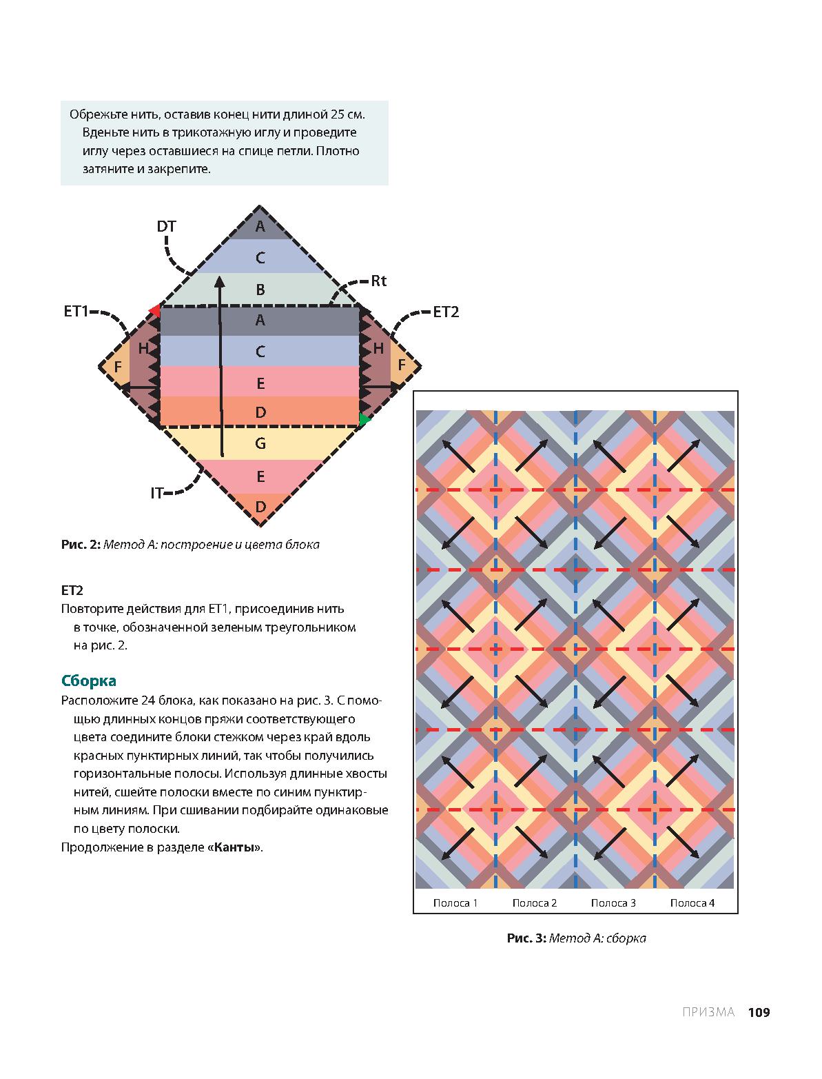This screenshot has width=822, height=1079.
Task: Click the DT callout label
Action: (167, 226)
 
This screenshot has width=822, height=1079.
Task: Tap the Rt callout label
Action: (379, 281)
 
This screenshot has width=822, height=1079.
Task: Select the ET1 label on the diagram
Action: (76, 312)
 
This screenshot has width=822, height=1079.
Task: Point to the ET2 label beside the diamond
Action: (446, 312)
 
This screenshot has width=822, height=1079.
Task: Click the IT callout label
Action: (157, 493)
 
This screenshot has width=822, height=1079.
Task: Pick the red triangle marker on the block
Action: (155, 311)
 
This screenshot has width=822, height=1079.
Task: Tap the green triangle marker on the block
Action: (364, 419)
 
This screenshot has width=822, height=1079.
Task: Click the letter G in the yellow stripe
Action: (260, 443)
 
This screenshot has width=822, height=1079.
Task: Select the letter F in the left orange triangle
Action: (118, 366)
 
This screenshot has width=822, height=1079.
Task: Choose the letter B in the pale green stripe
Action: (260, 290)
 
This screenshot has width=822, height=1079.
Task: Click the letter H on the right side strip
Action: (378, 349)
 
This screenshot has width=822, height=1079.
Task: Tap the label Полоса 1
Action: (455, 903)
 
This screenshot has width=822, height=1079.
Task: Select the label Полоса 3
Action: (613, 903)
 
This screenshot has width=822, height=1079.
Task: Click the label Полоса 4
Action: (692, 903)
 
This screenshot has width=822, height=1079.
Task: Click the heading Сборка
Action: (89, 681)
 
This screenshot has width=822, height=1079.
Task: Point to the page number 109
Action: (758, 1012)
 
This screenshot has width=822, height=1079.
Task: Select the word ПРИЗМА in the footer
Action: (708, 1012)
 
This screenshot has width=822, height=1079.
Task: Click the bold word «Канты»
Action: (234, 847)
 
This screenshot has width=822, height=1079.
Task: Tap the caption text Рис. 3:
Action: (526, 938)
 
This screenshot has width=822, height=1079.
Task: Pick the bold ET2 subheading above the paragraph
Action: (72, 590)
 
